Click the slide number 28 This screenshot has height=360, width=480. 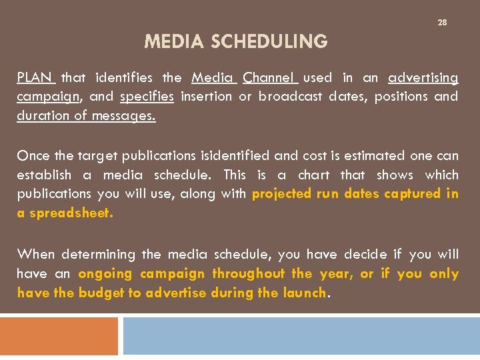(442, 23)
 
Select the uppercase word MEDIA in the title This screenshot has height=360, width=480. (175, 42)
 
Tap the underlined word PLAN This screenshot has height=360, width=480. (36, 78)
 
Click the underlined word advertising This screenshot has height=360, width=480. (423, 78)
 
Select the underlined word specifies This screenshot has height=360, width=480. (147, 97)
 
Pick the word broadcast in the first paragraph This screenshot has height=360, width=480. (291, 97)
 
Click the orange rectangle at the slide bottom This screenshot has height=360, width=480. (59, 336)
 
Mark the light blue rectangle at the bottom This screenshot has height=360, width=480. (301, 336)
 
